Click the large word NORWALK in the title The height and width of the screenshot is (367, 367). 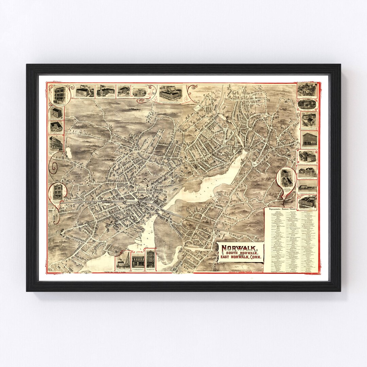pyautogui.click(x=242, y=247)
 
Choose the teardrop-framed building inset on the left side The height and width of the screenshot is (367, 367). pyautogui.click(x=57, y=193)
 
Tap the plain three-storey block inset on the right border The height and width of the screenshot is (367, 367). pyautogui.click(x=309, y=139)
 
